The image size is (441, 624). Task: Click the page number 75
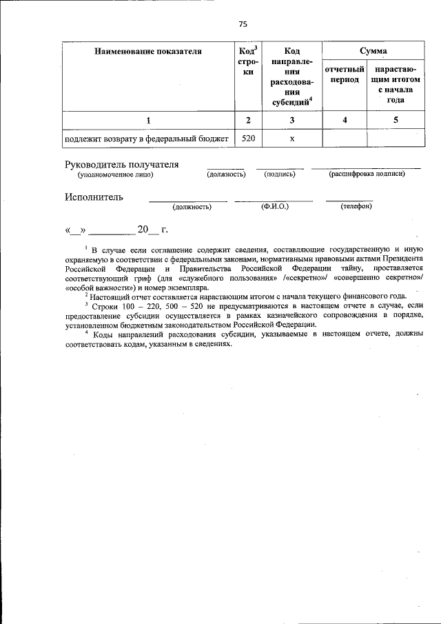click(x=243, y=25)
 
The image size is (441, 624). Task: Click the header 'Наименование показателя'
click(x=148, y=52)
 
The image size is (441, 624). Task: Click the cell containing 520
click(x=248, y=139)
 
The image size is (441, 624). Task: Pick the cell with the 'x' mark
click(x=292, y=139)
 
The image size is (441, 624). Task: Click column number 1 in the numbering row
click(x=148, y=121)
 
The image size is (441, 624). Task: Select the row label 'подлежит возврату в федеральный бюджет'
click(x=145, y=139)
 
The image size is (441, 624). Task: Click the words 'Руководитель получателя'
click(x=122, y=164)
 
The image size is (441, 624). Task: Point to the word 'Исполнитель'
click(x=94, y=197)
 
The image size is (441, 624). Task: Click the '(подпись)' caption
click(x=280, y=174)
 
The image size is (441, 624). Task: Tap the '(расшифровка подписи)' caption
click(x=367, y=174)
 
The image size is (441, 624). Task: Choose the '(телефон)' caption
click(x=356, y=206)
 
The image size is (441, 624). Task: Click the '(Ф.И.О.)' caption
click(x=274, y=206)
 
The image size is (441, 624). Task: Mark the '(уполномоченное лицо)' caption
click(x=115, y=174)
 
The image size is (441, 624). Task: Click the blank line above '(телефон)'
click(x=349, y=199)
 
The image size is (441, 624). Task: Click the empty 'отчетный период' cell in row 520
click(x=344, y=139)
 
